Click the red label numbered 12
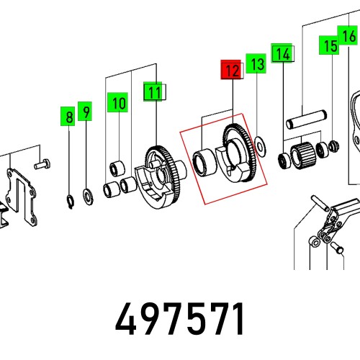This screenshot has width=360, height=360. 231,70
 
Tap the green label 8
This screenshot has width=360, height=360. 68,116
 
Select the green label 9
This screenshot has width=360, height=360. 86,112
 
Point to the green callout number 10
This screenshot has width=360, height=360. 118,103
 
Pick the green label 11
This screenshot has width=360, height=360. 153,91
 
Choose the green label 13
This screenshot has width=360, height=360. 256,64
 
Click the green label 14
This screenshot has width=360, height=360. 282,53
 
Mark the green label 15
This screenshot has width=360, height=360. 330,46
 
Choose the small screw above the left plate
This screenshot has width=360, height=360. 42,165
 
